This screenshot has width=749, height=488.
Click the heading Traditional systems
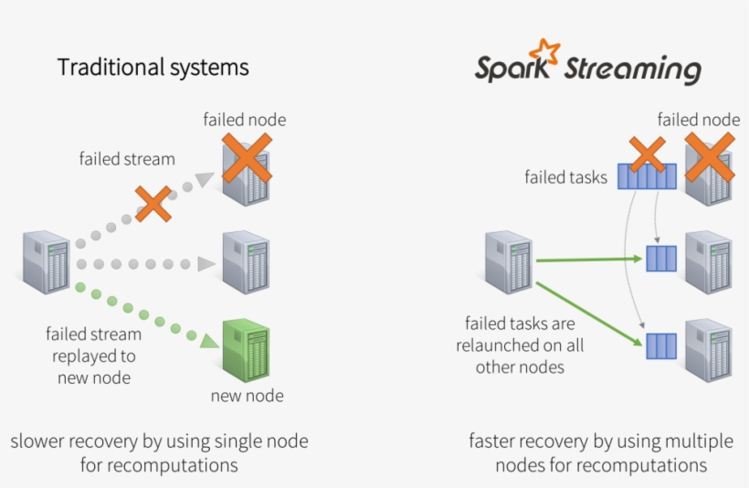tap(153, 68)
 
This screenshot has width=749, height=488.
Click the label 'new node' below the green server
tap(247, 396)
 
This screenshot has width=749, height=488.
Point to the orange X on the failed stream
tap(153, 204)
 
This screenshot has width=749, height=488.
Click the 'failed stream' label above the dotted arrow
tap(127, 159)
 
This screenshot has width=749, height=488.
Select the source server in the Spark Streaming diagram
tap(509, 262)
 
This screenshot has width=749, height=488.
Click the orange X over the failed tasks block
tap(647, 155)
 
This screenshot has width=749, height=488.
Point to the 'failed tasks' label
tap(565, 177)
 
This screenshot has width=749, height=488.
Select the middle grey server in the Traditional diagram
tap(247, 262)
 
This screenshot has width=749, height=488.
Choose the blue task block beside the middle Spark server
tap(661, 259)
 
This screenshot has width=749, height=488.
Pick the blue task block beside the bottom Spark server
tap(661, 345)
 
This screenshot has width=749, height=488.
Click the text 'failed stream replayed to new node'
tap(93, 355)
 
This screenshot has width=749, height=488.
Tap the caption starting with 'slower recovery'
tap(159, 453)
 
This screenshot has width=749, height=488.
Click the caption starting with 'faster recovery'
tap(600, 453)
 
